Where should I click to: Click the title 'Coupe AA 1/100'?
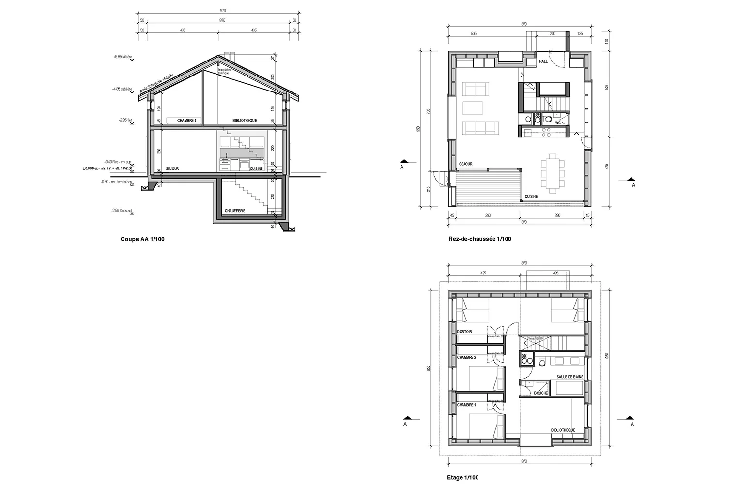tap(142, 239)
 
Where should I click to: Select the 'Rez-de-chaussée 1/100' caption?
tap(480, 239)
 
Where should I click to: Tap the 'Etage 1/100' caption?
tap(462, 478)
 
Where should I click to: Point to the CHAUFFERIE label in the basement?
tap(235, 211)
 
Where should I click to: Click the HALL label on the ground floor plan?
tap(543, 62)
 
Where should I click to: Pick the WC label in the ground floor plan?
tap(558, 123)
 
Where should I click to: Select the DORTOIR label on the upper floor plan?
tap(464, 332)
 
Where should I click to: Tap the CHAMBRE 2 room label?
tap(467, 357)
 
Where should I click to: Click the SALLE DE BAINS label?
tap(570, 377)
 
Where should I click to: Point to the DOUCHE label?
tap(540, 393)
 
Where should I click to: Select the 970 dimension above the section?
tap(217, 11)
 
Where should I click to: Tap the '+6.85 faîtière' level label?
tap(123, 57)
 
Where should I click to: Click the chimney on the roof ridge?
tap(229, 54)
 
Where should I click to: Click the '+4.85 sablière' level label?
tap(123, 89)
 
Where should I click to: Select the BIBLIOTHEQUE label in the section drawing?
tap(244, 120)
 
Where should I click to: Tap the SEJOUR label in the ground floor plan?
tap(466, 164)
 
